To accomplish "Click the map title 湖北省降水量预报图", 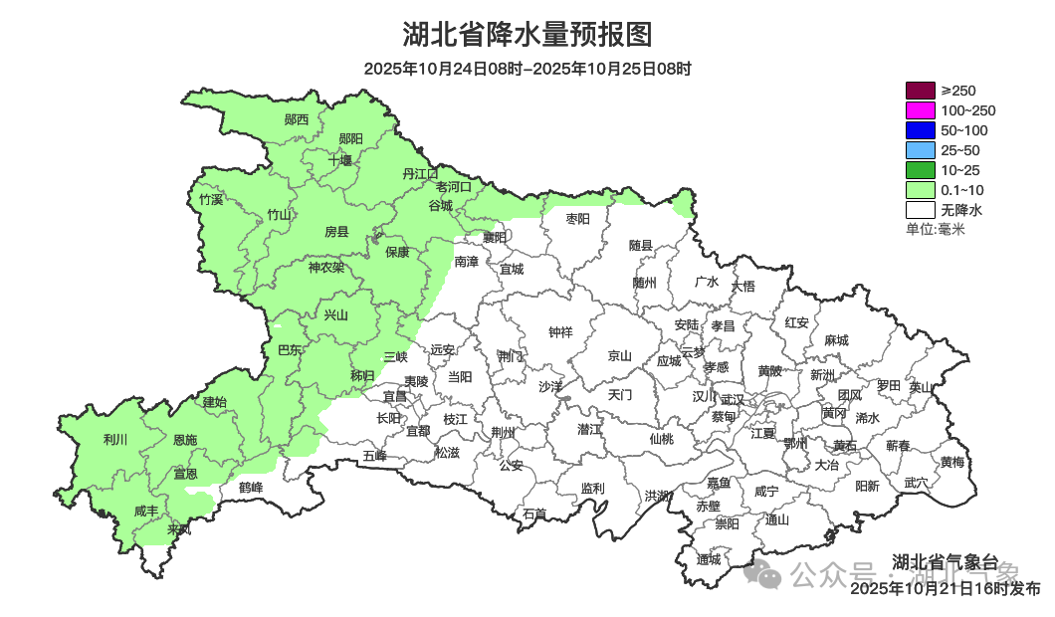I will (x=527, y=35).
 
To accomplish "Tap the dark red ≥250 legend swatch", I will (x=920, y=91).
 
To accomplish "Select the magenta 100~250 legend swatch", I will (x=920, y=110).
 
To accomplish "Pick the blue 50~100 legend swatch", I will (x=920, y=130).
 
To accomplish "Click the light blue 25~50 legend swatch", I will (x=920, y=150).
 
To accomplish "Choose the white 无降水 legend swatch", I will (x=920, y=210).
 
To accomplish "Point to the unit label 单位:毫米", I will (x=935, y=230).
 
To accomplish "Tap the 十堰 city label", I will (x=340, y=160).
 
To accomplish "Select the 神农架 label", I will (x=325, y=267).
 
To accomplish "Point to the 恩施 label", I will (x=185, y=440).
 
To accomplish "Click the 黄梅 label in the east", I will (x=951, y=462).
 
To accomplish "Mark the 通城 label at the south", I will (x=709, y=559).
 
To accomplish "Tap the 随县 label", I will (x=640, y=245).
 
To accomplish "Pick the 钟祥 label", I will (x=561, y=332).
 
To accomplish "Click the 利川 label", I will (x=114, y=439).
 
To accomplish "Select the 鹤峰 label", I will (x=251, y=488).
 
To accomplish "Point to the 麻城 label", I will (x=836, y=340).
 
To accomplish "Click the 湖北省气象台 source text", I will (x=945, y=560).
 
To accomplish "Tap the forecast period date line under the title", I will (x=527, y=69).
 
